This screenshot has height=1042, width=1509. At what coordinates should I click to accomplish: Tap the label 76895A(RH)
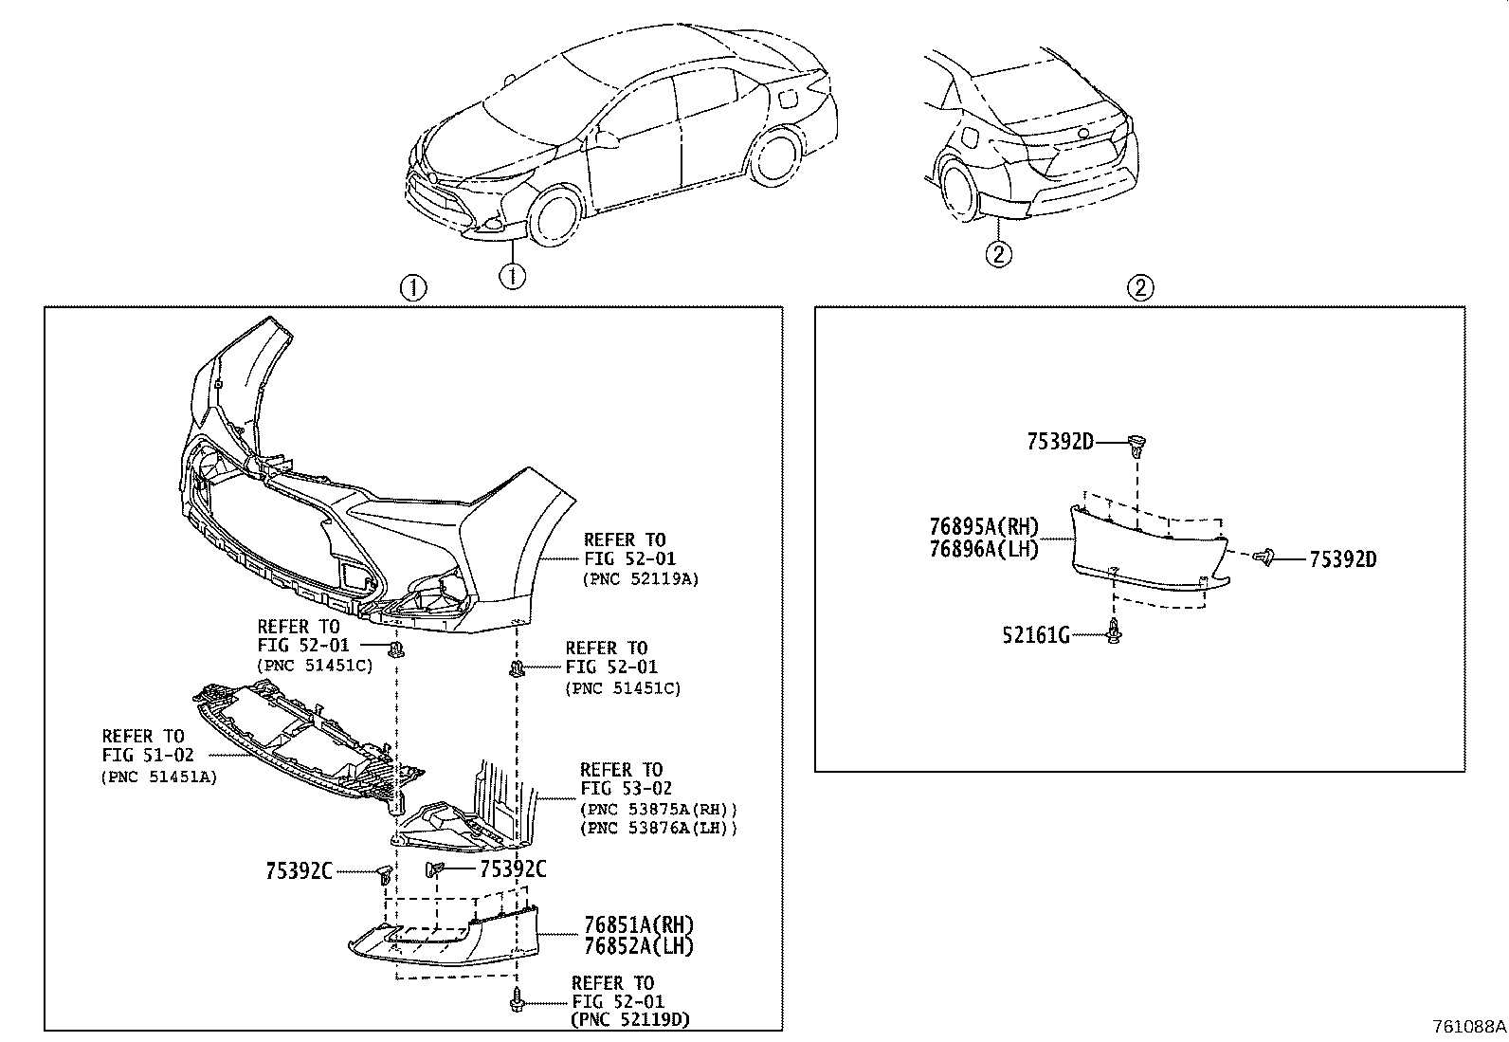(x=983, y=528)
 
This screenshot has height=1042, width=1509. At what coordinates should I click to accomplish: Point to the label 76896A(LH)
(x=983, y=549)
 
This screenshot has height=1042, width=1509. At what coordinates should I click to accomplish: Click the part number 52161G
(x=1035, y=635)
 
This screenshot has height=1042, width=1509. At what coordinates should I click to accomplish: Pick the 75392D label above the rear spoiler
(x=1060, y=441)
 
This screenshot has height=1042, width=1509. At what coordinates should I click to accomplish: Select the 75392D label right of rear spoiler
(x=1342, y=559)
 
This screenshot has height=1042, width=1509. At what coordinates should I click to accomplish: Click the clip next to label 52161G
(x=1113, y=631)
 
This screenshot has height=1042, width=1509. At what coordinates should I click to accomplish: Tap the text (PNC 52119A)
(x=640, y=578)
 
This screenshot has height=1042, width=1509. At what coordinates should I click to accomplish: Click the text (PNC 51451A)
(x=158, y=776)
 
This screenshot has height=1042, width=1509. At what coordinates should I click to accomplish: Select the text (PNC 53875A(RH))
(x=659, y=809)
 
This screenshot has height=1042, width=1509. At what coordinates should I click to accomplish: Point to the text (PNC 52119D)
(x=630, y=1020)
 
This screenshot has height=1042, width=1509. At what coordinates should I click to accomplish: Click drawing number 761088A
(x=1468, y=1027)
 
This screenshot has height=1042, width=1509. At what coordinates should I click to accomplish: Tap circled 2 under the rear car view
(x=998, y=253)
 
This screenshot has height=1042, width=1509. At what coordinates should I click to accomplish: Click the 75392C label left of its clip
(x=300, y=871)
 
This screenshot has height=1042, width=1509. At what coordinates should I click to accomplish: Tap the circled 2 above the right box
(x=1139, y=287)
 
